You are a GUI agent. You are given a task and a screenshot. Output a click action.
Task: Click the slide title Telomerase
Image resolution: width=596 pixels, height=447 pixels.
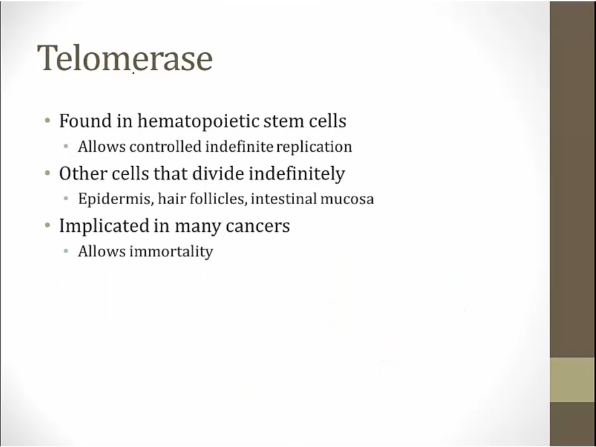124,58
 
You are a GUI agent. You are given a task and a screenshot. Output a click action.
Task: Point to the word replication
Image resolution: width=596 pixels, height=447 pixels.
314,147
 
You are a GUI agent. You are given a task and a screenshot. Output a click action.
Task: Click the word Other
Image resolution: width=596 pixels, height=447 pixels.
83,174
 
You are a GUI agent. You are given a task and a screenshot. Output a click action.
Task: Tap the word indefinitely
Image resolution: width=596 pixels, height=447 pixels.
297,174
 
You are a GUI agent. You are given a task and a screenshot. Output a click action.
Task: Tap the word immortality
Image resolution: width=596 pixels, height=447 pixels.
171,252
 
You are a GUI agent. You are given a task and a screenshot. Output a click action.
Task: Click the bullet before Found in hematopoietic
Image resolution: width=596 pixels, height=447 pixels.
48,121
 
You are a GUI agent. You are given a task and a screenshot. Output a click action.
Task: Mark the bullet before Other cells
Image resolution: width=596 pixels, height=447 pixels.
48,174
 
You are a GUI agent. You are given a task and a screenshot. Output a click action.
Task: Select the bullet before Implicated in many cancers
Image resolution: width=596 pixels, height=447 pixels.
48,226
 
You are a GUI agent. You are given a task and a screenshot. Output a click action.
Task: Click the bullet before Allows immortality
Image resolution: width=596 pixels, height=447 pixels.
66,251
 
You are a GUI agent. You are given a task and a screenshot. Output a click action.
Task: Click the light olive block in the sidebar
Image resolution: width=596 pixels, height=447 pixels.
573,379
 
